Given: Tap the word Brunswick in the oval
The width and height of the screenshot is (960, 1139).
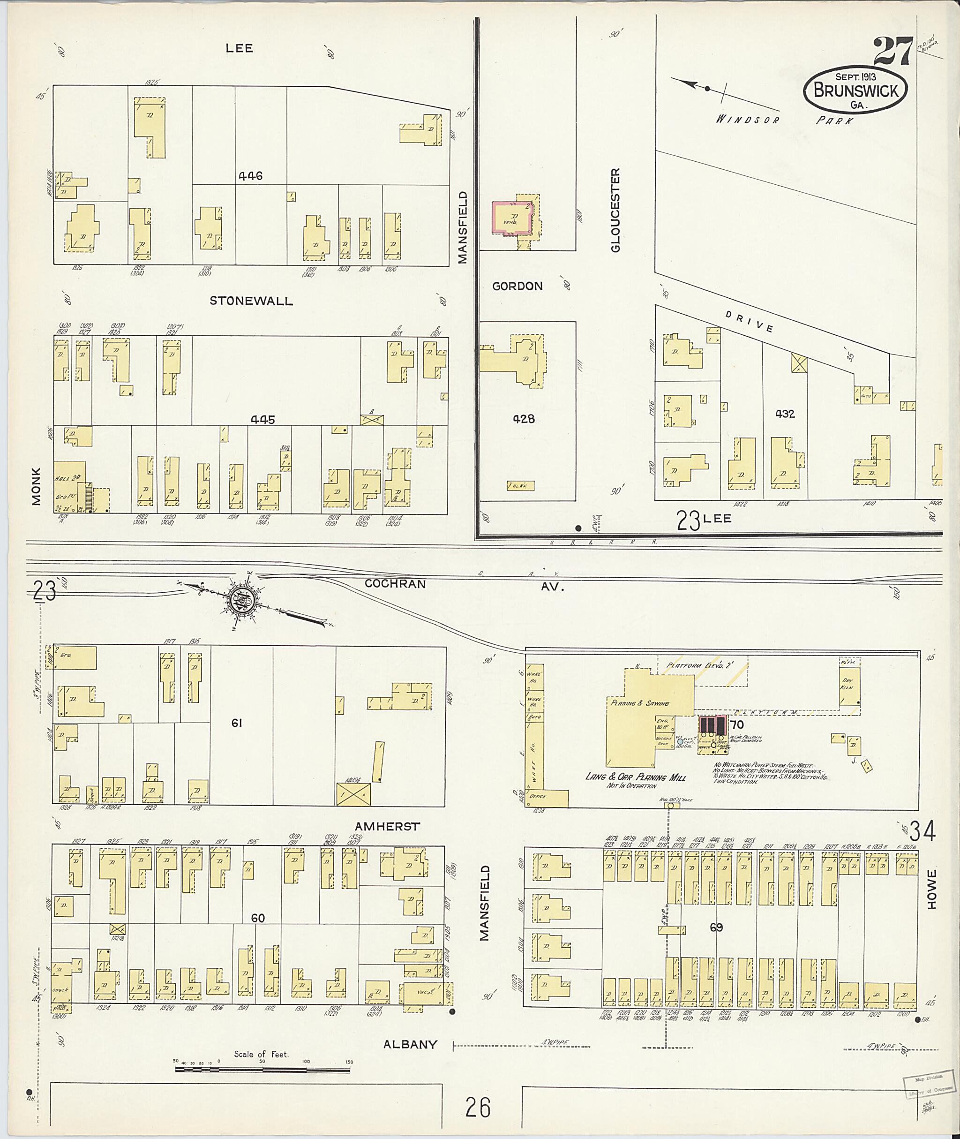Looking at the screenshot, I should click(x=855, y=91).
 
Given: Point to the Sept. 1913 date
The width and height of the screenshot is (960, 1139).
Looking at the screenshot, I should click(x=855, y=77).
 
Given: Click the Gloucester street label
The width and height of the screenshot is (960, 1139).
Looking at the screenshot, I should click(x=615, y=210).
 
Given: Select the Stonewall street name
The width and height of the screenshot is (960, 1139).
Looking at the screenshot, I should click(x=251, y=301).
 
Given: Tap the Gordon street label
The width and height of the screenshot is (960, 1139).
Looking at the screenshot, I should click(x=517, y=287).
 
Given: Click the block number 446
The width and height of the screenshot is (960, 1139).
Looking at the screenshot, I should click(x=250, y=176).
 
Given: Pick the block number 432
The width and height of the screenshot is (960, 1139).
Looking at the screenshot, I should click(x=785, y=414).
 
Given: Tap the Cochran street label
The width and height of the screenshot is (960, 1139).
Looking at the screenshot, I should click(x=395, y=584).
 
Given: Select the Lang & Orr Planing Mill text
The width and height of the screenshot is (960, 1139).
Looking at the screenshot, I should click(x=635, y=777).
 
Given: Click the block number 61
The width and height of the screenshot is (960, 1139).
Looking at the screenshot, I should click(x=237, y=723).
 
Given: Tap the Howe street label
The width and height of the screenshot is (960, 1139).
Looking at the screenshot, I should click(x=932, y=889).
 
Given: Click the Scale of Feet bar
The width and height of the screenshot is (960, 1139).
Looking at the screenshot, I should click(x=262, y=1071).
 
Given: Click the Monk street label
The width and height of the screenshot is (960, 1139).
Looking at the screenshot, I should click(x=37, y=486).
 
